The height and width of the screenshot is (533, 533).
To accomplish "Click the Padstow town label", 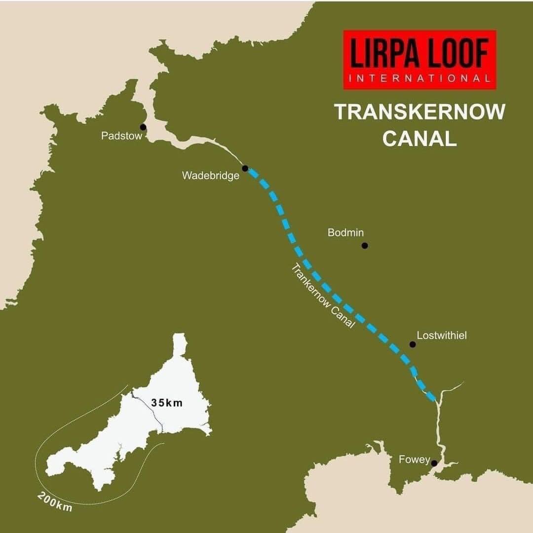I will tap(121, 136).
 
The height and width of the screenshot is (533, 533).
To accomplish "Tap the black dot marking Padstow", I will tap(143, 127).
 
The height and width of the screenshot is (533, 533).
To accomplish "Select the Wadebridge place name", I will tap(210, 175).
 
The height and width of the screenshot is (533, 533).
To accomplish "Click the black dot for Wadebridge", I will tap(245, 168).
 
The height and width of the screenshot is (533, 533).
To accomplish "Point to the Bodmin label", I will tap(345, 233).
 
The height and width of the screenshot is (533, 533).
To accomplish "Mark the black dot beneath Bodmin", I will tap(365, 245).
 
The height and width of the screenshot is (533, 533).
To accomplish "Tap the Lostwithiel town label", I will tap(442, 335).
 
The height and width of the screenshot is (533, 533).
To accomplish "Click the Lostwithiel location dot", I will tap(413, 344).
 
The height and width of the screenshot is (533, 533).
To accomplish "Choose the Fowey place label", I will tap(414, 460).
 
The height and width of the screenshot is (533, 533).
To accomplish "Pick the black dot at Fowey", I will tap(434, 463).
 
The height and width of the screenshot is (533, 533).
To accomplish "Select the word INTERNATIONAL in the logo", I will tap(419, 78).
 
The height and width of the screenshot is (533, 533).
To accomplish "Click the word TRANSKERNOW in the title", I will tap(419, 112).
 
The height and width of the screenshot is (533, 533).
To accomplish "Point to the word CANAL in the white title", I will tap(419, 139).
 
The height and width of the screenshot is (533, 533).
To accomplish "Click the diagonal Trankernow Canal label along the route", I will tap(323, 296).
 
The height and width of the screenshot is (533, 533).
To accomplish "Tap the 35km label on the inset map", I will tap(167, 403).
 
